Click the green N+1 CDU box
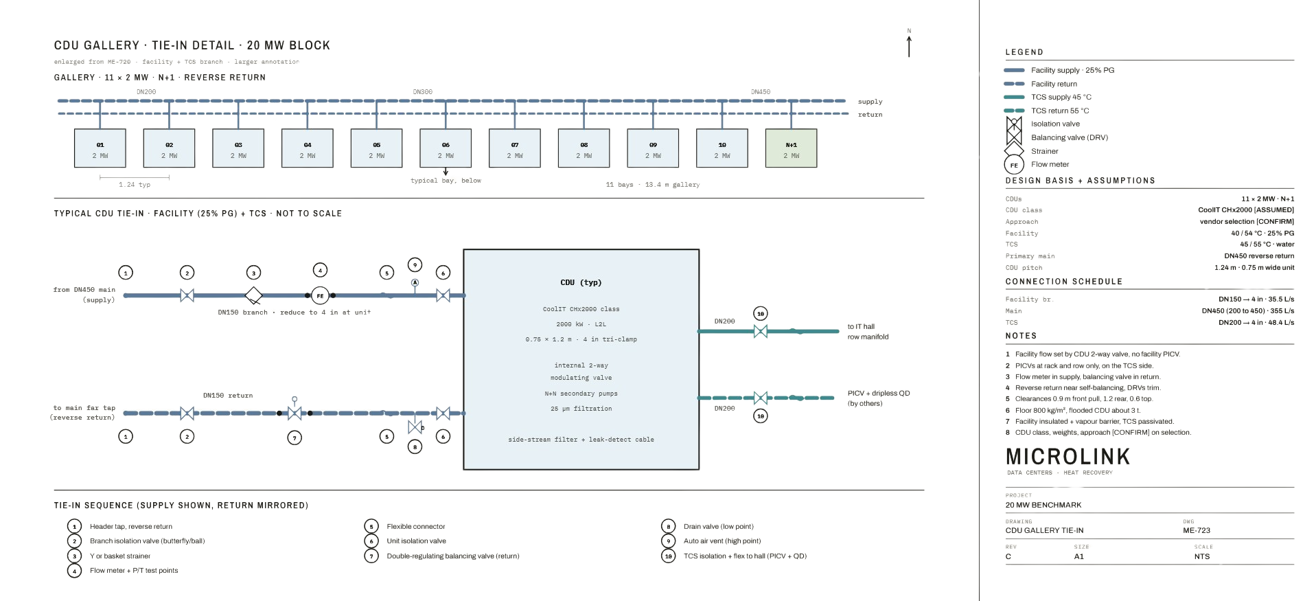click(x=791, y=148)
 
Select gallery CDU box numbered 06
click(x=446, y=148)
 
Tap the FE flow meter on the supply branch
click(x=320, y=295)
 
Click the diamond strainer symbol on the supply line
click(x=254, y=295)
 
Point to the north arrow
click(x=909, y=46)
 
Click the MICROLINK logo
click(x=1067, y=457)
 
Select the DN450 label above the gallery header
click(x=761, y=91)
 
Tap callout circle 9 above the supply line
click(x=415, y=264)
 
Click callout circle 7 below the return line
click(x=295, y=438)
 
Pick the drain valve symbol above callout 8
click(x=415, y=427)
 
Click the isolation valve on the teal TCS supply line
click(x=761, y=331)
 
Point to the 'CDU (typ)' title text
click(x=581, y=282)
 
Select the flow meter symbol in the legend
click(x=1014, y=165)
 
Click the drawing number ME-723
click(x=1197, y=530)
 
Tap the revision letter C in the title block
click(x=1008, y=556)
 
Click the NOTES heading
click(x=1021, y=336)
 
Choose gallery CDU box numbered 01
click(x=100, y=148)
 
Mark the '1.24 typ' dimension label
click(x=135, y=185)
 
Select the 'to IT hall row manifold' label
click(x=868, y=332)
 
